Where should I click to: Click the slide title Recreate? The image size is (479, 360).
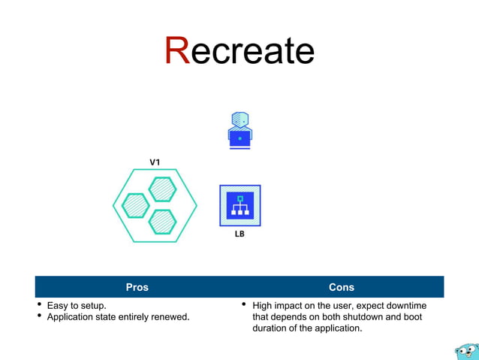coord(239,50)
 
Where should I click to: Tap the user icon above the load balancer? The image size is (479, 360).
coord(239,129)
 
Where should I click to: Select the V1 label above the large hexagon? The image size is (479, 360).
coord(155,162)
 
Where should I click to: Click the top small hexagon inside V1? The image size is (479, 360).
coord(162,189)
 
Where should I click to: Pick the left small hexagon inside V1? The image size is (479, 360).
coord(136,204)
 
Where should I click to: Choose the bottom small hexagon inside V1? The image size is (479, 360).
coord(162,221)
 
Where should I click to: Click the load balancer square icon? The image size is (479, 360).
coord(239,205)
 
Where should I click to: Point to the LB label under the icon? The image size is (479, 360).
coord(239,234)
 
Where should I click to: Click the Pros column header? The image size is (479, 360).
coord(137,287)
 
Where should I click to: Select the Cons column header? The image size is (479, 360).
coord(342,287)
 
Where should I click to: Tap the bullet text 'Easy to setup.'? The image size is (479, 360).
coord(77,306)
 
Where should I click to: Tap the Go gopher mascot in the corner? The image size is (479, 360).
coord(465,350)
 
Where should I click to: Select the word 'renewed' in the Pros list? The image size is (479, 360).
coord(172,317)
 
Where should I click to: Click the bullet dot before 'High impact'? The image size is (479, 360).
coord(244,305)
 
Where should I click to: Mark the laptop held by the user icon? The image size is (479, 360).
coord(239,138)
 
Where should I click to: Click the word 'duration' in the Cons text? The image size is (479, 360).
coord(270,328)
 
